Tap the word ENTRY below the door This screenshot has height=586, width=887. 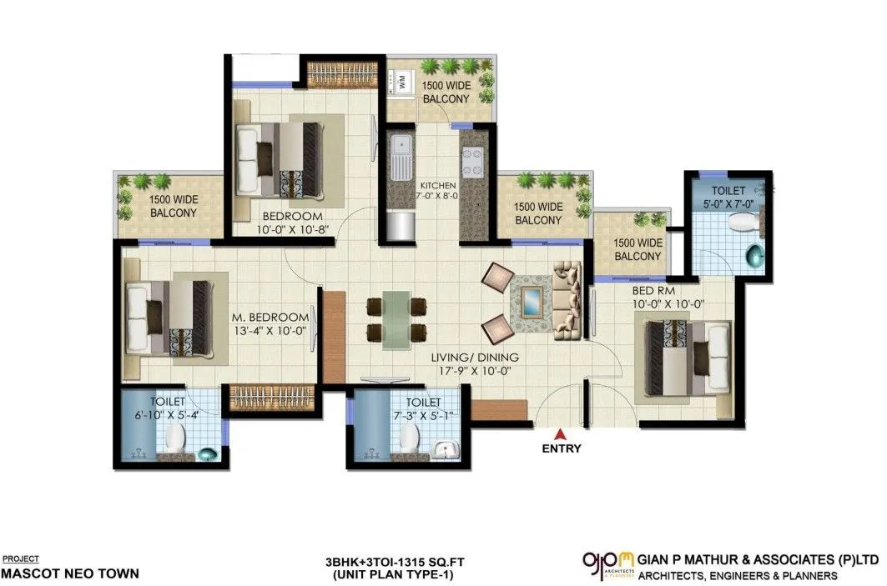coord(562,448)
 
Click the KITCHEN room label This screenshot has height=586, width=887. coord(437,184)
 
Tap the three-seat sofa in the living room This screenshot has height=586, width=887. coord(568,298)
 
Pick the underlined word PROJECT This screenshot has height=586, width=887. coord(21,558)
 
